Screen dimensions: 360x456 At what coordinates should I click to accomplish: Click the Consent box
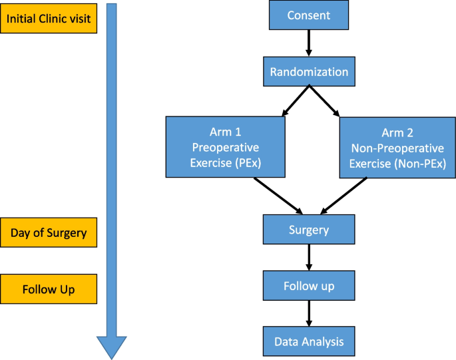[308, 15]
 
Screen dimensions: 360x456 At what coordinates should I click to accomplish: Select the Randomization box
[308, 72]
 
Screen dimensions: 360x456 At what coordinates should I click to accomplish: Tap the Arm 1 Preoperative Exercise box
[226, 147]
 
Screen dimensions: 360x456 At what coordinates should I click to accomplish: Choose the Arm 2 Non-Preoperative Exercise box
[397, 147]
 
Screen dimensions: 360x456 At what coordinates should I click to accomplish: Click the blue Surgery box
[308, 230]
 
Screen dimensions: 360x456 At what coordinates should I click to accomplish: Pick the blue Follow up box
[308, 286]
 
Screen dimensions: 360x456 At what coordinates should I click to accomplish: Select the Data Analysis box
[308, 341]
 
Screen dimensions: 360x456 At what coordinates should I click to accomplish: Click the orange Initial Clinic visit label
[49, 18]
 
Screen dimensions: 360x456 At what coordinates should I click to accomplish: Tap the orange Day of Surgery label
[49, 233]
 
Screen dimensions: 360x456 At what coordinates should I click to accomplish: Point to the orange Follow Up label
[49, 289]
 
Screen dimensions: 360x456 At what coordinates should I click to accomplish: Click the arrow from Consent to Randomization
[308, 44]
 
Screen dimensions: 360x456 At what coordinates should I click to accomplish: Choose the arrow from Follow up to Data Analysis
[308, 313]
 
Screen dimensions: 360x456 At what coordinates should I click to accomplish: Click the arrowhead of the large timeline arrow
[111, 346]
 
